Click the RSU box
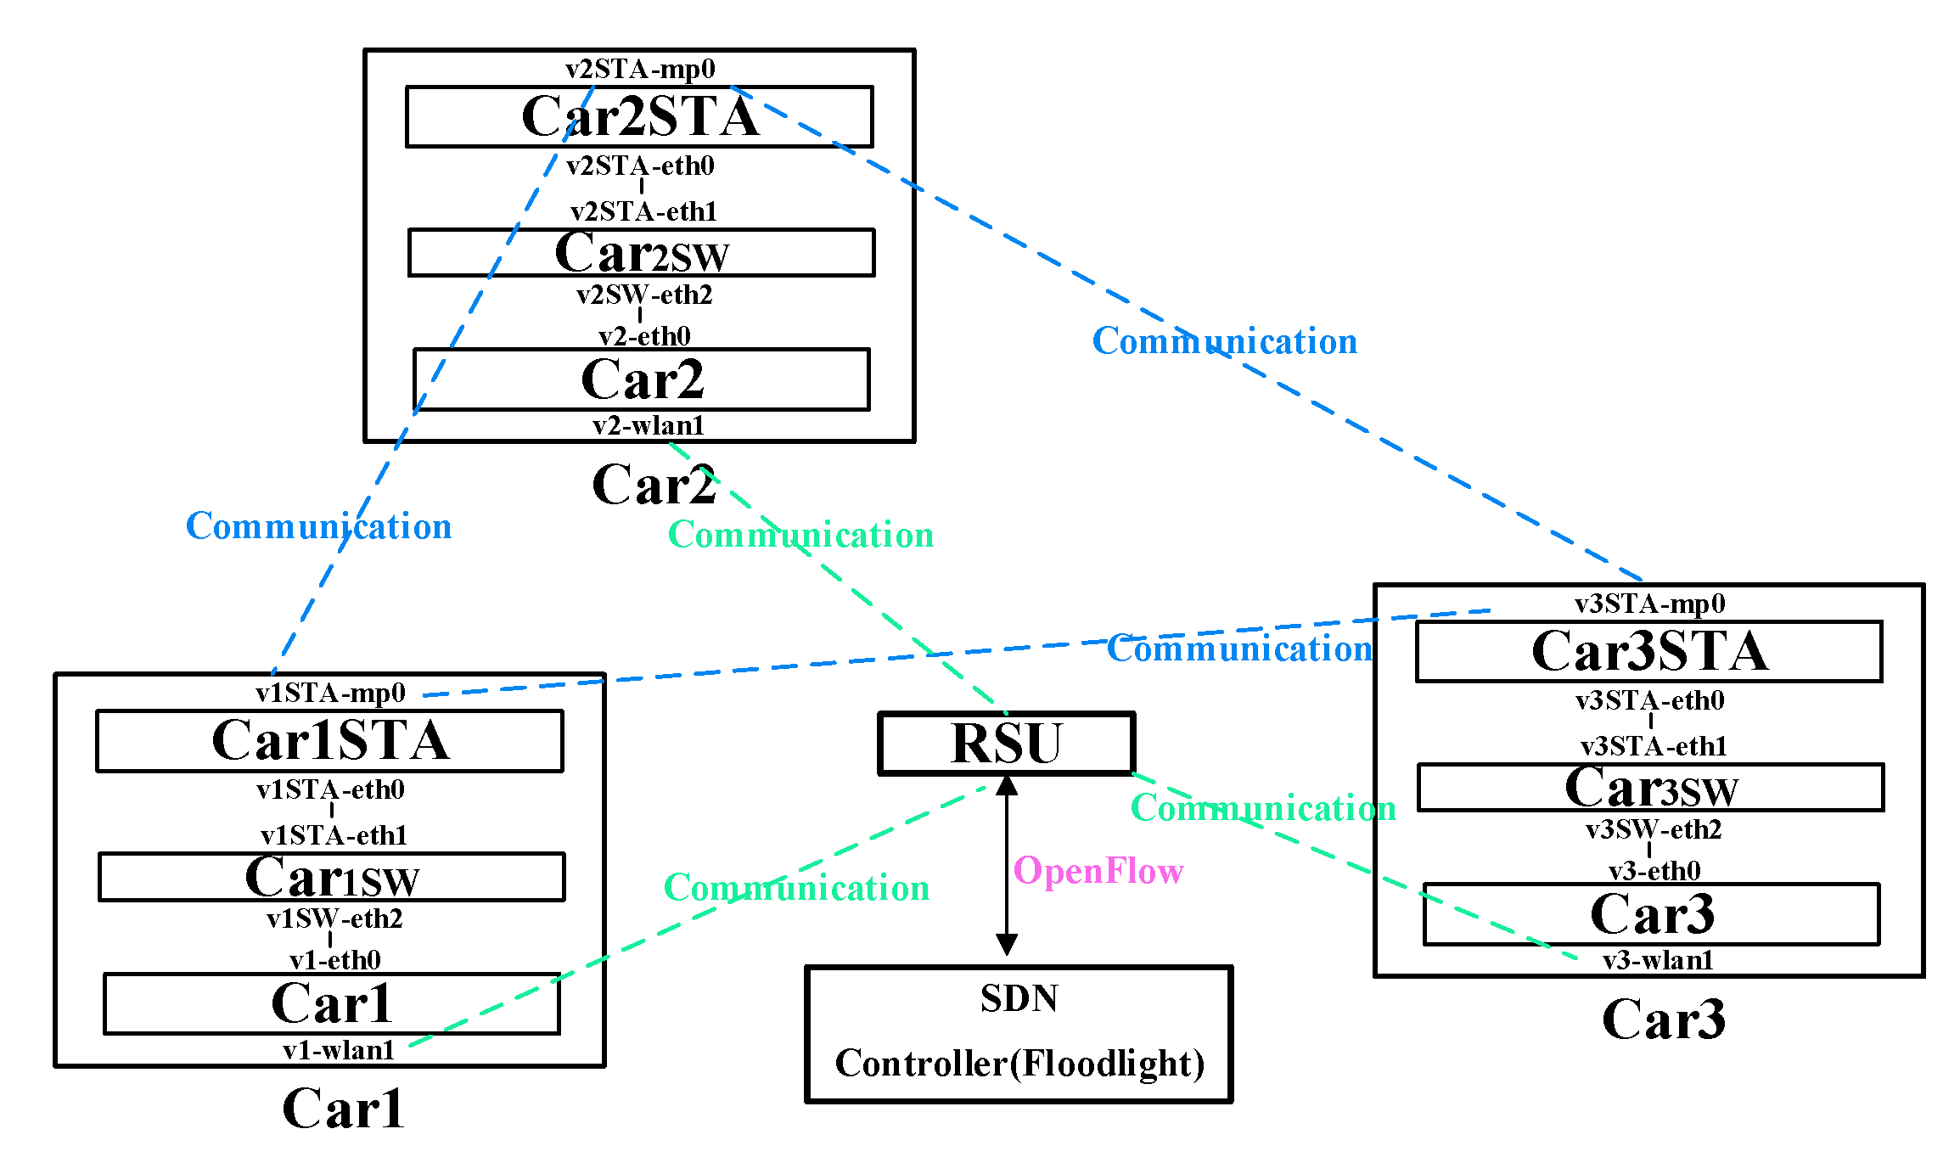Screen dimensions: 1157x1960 click(1006, 744)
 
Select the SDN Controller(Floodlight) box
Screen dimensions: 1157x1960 click(1019, 1034)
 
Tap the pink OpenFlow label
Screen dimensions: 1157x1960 click(1098, 871)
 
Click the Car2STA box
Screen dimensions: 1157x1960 click(639, 116)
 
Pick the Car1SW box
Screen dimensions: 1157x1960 click(331, 877)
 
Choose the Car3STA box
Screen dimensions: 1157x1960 click(1648, 651)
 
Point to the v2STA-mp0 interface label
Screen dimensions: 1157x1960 click(640, 69)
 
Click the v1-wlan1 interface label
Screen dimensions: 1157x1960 click(339, 1050)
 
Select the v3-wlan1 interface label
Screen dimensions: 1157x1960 click(1657, 960)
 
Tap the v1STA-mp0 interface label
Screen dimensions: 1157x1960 click(330, 693)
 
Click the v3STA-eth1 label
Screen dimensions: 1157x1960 click(1653, 746)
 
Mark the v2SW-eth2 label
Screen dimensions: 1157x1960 click(644, 295)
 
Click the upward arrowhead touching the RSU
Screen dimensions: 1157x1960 click(1007, 785)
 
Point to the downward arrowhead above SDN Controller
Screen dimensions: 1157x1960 click(1007, 944)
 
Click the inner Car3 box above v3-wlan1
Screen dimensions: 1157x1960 click(1651, 914)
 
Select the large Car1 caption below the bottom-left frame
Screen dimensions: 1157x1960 click(343, 1109)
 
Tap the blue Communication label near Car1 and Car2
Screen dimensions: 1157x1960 click(318, 526)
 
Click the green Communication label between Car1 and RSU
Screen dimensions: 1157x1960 click(796, 888)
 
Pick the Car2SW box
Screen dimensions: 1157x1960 click(641, 252)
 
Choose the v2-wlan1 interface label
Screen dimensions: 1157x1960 click(648, 425)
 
